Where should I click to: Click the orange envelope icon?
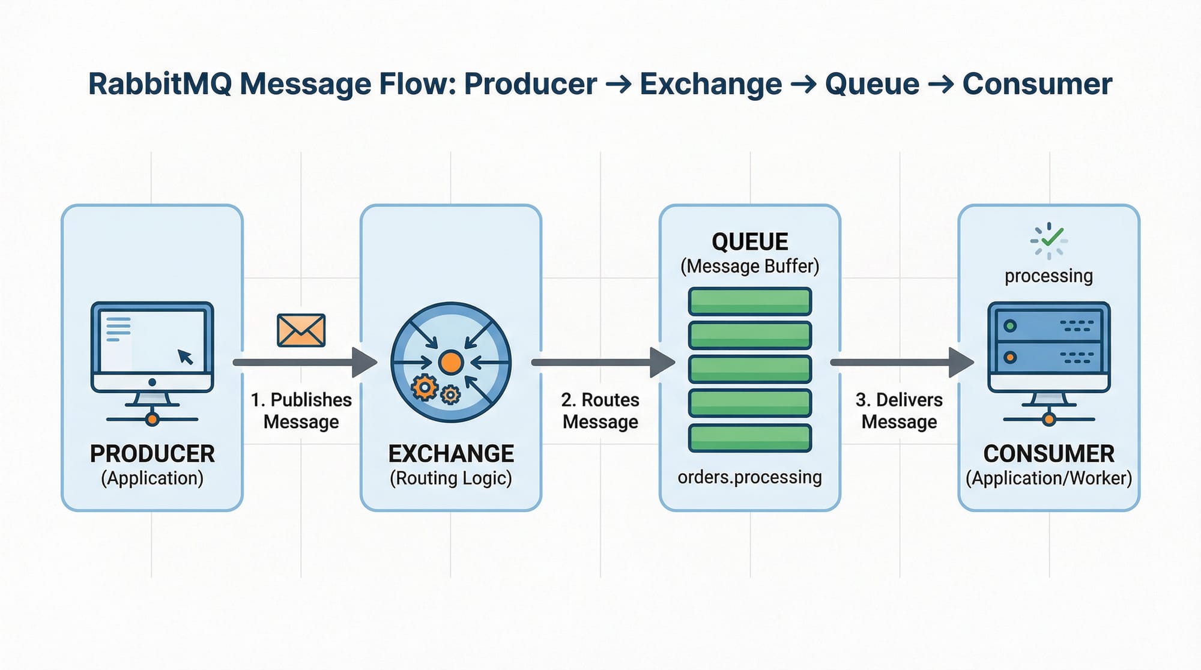click(301, 330)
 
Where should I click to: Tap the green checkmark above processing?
click(1052, 237)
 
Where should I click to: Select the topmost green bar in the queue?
click(750, 301)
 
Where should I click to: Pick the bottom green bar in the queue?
click(750, 438)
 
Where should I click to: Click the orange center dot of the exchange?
click(450, 363)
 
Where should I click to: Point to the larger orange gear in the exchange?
click(425, 388)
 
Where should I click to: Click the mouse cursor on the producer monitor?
click(186, 357)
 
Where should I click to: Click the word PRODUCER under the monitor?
click(152, 454)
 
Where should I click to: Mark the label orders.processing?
click(749, 477)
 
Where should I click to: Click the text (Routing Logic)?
click(450, 478)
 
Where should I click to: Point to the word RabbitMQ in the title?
click(160, 84)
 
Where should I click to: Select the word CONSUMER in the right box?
click(1048, 454)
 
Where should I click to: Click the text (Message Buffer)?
click(749, 266)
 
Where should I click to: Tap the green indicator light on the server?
click(1010, 326)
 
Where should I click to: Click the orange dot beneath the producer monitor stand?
click(152, 419)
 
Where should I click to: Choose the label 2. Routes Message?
click(600, 411)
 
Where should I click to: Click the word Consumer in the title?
click(1037, 84)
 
